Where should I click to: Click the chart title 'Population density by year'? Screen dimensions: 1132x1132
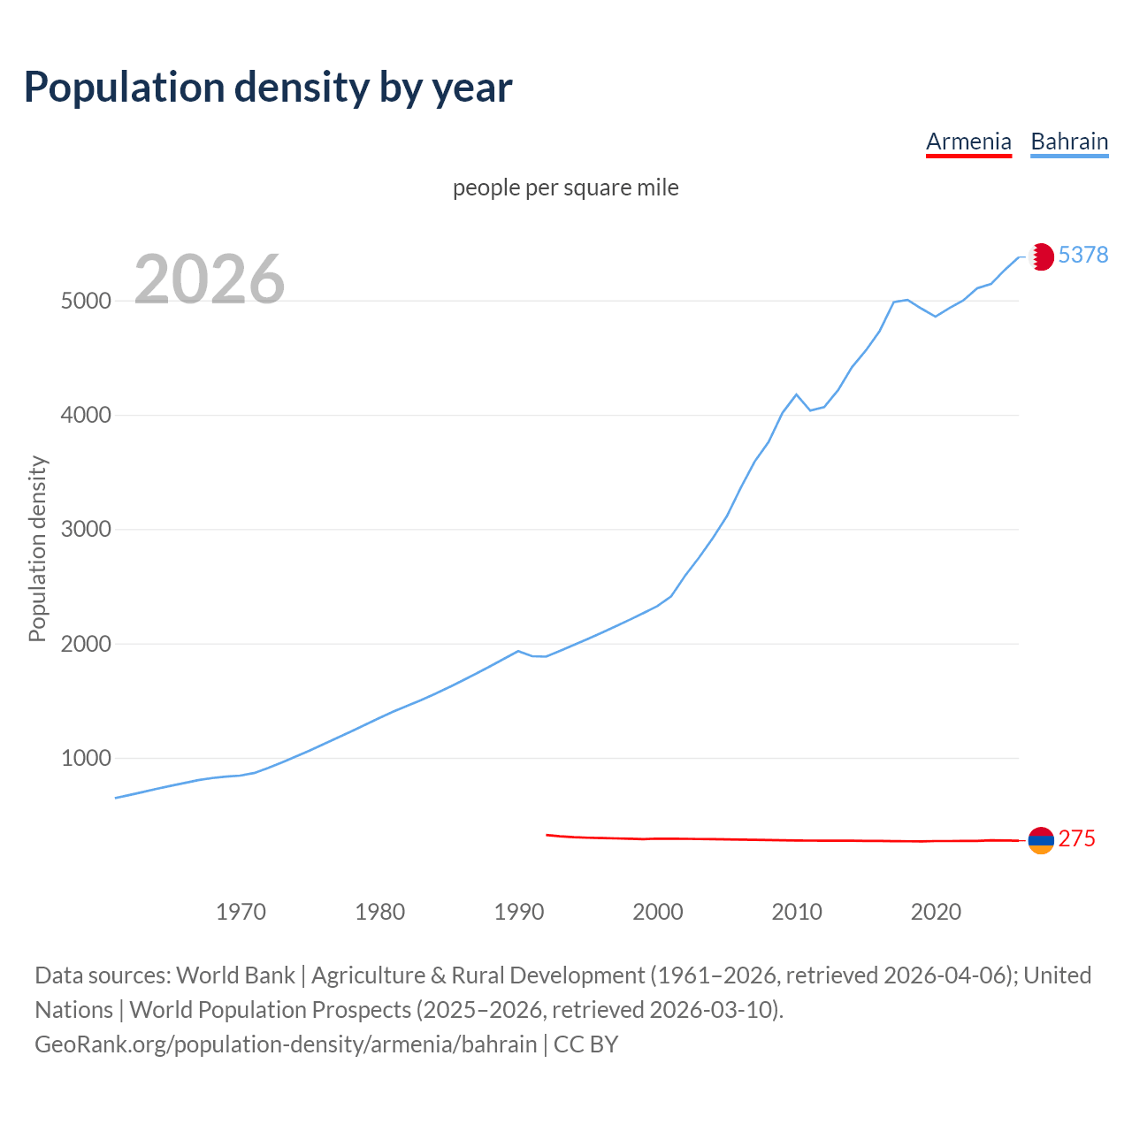click(268, 87)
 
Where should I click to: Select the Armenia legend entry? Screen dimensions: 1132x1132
click(968, 141)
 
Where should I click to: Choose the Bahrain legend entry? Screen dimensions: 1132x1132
click(1069, 141)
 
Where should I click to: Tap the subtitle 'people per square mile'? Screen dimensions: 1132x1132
click(566, 187)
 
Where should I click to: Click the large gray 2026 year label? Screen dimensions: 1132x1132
click(210, 279)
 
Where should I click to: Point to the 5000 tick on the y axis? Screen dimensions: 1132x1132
click(86, 301)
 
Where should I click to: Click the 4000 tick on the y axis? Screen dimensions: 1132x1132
click(86, 415)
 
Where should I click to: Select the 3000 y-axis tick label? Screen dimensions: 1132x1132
click(86, 530)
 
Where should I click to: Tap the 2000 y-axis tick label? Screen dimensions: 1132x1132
click(86, 644)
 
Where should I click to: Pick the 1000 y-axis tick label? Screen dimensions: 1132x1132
click(86, 758)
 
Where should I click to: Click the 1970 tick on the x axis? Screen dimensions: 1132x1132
click(241, 912)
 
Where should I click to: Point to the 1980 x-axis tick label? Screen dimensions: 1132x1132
click(379, 912)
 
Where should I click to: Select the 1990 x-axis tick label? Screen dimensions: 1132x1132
click(519, 912)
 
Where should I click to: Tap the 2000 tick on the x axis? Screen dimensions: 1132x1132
click(658, 912)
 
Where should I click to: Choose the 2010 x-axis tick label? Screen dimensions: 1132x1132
click(797, 912)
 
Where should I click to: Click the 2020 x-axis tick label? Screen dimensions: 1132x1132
click(936, 912)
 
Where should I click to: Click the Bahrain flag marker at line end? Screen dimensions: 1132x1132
click(1041, 256)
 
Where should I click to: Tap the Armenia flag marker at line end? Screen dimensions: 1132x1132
click(1041, 840)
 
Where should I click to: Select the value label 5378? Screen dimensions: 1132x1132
click(1082, 255)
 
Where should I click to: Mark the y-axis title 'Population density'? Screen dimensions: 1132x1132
click(37, 548)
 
